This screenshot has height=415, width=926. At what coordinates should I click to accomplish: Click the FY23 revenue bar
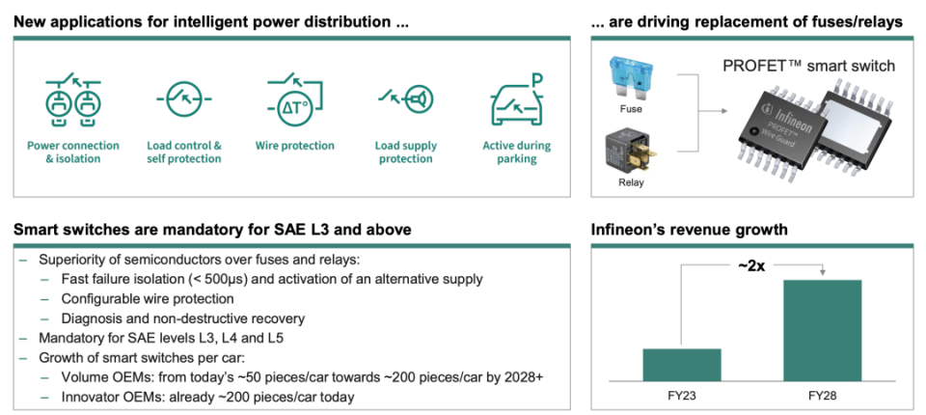coord(682,365)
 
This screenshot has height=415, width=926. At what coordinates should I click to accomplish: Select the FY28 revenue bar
coord(822,330)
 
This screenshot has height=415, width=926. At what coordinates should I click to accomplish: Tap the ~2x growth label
coord(751,265)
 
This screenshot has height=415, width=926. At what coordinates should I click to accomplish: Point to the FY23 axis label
coord(682,395)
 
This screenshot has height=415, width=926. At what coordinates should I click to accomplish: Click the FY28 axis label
coord(822,395)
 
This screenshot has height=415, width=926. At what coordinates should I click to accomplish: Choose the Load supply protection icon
coord(406,97)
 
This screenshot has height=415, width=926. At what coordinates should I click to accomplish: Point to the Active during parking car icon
coord(517,98)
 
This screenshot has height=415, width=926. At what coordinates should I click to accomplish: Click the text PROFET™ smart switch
coord(808,65)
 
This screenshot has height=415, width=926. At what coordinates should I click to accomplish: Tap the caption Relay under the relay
coord(631,182)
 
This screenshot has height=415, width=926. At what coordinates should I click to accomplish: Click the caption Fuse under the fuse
coord(631,109)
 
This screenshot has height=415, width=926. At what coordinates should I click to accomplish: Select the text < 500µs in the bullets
coord(227,280)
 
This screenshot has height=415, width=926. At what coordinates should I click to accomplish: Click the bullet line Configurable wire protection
coord(148,298)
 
